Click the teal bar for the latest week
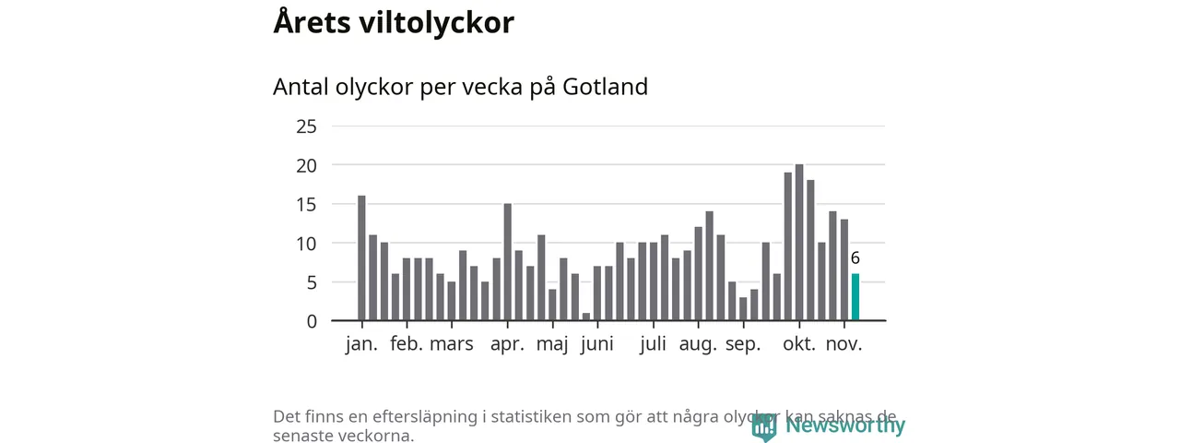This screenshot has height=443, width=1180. pyautogui.click(x=855, y=297)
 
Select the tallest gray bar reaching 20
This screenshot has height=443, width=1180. pyautogui.click(x=799, y=243)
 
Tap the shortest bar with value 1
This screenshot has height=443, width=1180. pyautogui.click(x=586, y=317)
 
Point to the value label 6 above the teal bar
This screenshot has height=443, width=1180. pyautogui.click(x=855, y=258)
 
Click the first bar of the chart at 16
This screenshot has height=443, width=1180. pyautogui.click(x=361, y=258)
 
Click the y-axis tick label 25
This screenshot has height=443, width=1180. pyautogui.click(x=306, y=126)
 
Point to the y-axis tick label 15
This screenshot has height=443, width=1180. pyautogui.click(x=306, y=204)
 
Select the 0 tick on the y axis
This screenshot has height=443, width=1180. pyautogui.click(x=312, y=321)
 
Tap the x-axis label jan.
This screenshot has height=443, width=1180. pyautogui.click(x=361, y=344)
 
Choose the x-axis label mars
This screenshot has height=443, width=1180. pyautogui.click(x=452, y=344)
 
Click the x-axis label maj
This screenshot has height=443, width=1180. pyautogui.click(x=552, y=344)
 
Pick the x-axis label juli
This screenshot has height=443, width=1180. pyautogui.click(x=653, y=344)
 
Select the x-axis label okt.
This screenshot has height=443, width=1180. pyautogui.click(x=799, y=344)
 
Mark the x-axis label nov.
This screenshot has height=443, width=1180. pyautogui.click(x=844, y=344)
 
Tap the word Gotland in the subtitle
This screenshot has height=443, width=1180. pyautogui.click(x=605, y=87)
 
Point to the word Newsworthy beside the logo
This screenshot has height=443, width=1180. pyautogui.click(x=845, y=425)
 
